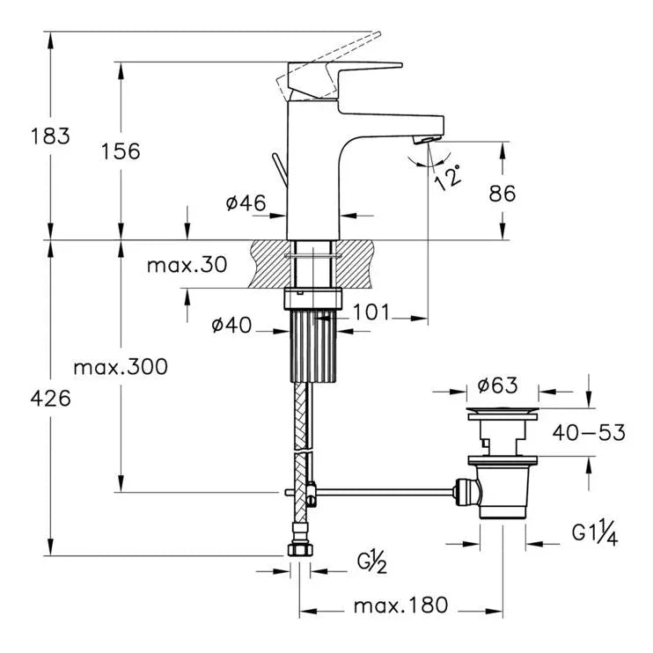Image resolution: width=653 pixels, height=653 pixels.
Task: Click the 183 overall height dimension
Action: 49,136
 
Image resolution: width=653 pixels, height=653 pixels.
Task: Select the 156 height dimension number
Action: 120,150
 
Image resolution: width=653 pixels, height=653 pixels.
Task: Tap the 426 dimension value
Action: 49,398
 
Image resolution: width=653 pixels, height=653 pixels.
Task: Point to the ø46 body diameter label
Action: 246,203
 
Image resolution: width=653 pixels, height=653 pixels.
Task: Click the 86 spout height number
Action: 502,194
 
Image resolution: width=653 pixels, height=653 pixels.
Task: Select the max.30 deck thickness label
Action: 187,265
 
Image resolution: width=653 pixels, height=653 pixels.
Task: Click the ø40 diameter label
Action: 231,326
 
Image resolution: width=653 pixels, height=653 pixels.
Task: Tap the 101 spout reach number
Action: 371,312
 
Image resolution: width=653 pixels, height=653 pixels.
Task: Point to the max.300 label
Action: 120,366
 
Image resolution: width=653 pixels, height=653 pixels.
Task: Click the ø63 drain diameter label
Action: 497,385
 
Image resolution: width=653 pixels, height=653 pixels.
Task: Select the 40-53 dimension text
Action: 589,432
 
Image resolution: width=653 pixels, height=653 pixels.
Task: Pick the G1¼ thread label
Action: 595,534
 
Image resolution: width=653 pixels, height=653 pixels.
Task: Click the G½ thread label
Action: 372,561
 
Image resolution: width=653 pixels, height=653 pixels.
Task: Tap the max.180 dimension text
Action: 400,605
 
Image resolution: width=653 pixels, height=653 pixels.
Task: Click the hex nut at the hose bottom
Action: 299,549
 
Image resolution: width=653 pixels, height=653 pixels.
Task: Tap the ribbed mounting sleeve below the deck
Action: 313,345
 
